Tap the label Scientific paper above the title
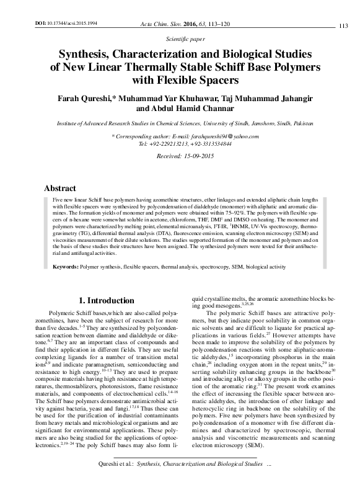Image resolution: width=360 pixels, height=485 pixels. click(x=180, y=38)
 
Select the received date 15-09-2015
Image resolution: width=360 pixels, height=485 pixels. click(x=193, y=158)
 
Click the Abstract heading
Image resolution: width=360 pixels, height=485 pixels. click(x=60, y=187)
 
